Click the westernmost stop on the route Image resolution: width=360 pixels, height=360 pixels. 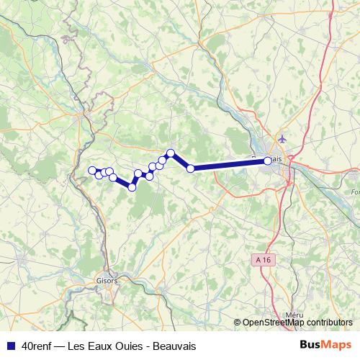pyautogui.click(x=92, y=171)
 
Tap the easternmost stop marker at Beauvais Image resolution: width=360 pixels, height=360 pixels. pyautogui.click(x=268, y=161)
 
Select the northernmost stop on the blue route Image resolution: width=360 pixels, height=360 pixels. pyautogui.click(x=171, y=153)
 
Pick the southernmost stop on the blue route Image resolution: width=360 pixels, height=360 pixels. pyautogui.click(x=132, y=187)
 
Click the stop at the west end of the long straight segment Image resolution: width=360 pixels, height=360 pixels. pyautogui.click(x=191, y=168)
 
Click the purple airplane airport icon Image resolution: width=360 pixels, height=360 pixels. pyautogui.click(x=281, y=137)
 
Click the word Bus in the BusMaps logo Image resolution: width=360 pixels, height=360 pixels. pyautogui.click(x=311, y=346)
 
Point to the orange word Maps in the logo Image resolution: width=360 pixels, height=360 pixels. pyautogui.click(x=338, y=346)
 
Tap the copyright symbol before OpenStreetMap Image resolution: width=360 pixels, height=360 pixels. pyautogui.click(x=238, y=323)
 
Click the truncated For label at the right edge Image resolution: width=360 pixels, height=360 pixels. pyautogui.click(x=355, y=192)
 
